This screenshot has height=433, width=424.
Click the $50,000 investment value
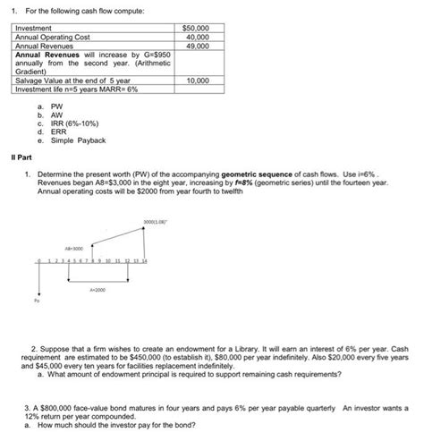(x=196, y=29)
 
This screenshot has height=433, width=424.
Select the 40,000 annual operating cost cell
(x=197, y=37)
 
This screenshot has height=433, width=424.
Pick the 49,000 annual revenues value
(x=197, y=46)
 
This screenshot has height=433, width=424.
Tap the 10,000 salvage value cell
(x=197, y=81)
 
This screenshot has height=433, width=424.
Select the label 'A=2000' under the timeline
(x=98, y=290)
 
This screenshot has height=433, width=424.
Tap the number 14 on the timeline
(x=144, y=260)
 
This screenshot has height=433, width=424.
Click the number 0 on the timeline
(x=39, y=260)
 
